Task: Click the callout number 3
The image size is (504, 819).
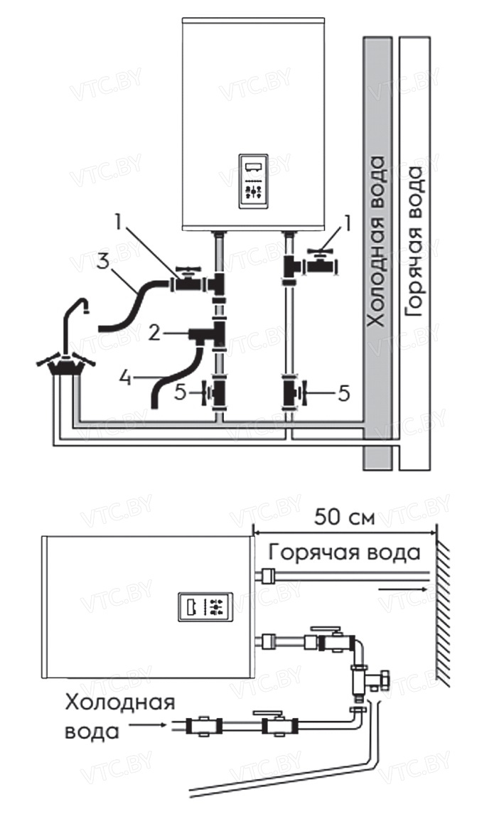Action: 104,260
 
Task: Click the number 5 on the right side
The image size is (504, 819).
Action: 343,392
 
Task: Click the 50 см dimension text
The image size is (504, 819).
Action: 344,517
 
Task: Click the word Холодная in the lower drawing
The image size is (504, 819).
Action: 119,704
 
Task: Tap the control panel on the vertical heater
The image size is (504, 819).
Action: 253,181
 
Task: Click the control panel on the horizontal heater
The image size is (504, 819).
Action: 204,606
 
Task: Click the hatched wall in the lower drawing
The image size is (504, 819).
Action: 444,611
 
